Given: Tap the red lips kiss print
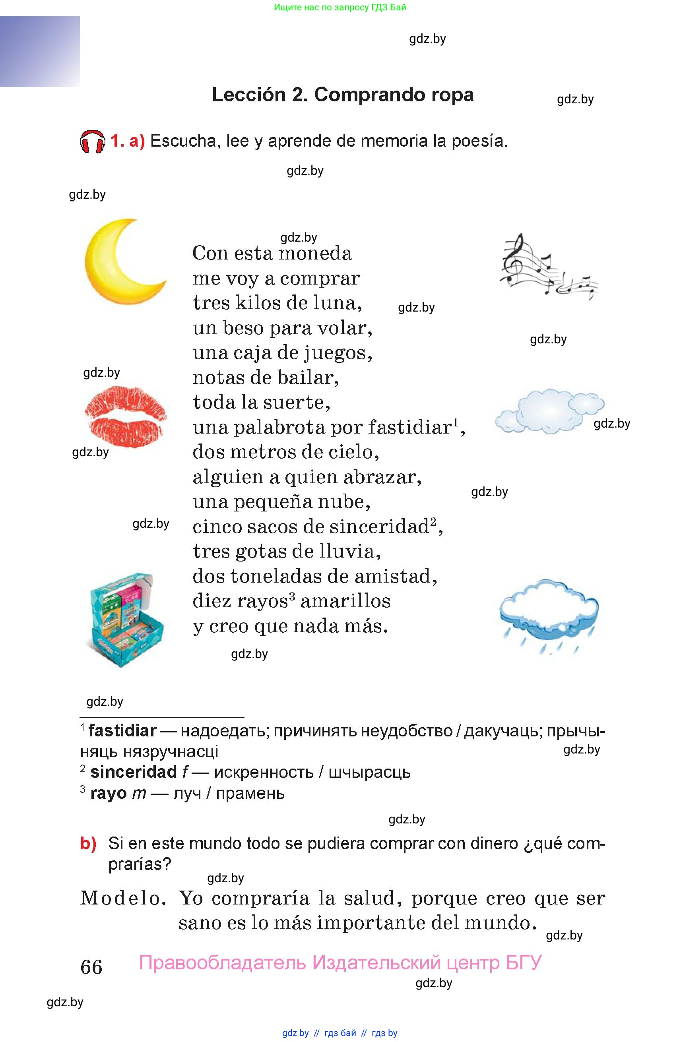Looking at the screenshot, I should click(x=125, y=416).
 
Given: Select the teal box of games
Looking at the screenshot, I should click(x=126, y=619).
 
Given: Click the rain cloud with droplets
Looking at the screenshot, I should click(x=548, y=613).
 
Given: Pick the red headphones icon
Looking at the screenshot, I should click(x=92, y=141).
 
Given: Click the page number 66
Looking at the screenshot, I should click(x=91, y=967).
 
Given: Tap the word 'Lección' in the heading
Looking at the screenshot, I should click(x=248, y=95).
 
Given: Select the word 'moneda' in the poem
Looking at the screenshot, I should click(x=315, y=254).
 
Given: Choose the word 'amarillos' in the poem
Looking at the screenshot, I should click(x=345, y=601).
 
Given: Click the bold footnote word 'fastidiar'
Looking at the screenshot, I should click(x=122, y=731).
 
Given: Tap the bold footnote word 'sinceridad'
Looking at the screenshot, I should click(x=133, y=772).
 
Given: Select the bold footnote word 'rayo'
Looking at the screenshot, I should click(x=108, y=793).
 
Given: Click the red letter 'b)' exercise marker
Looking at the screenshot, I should click(x=88, y=843).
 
